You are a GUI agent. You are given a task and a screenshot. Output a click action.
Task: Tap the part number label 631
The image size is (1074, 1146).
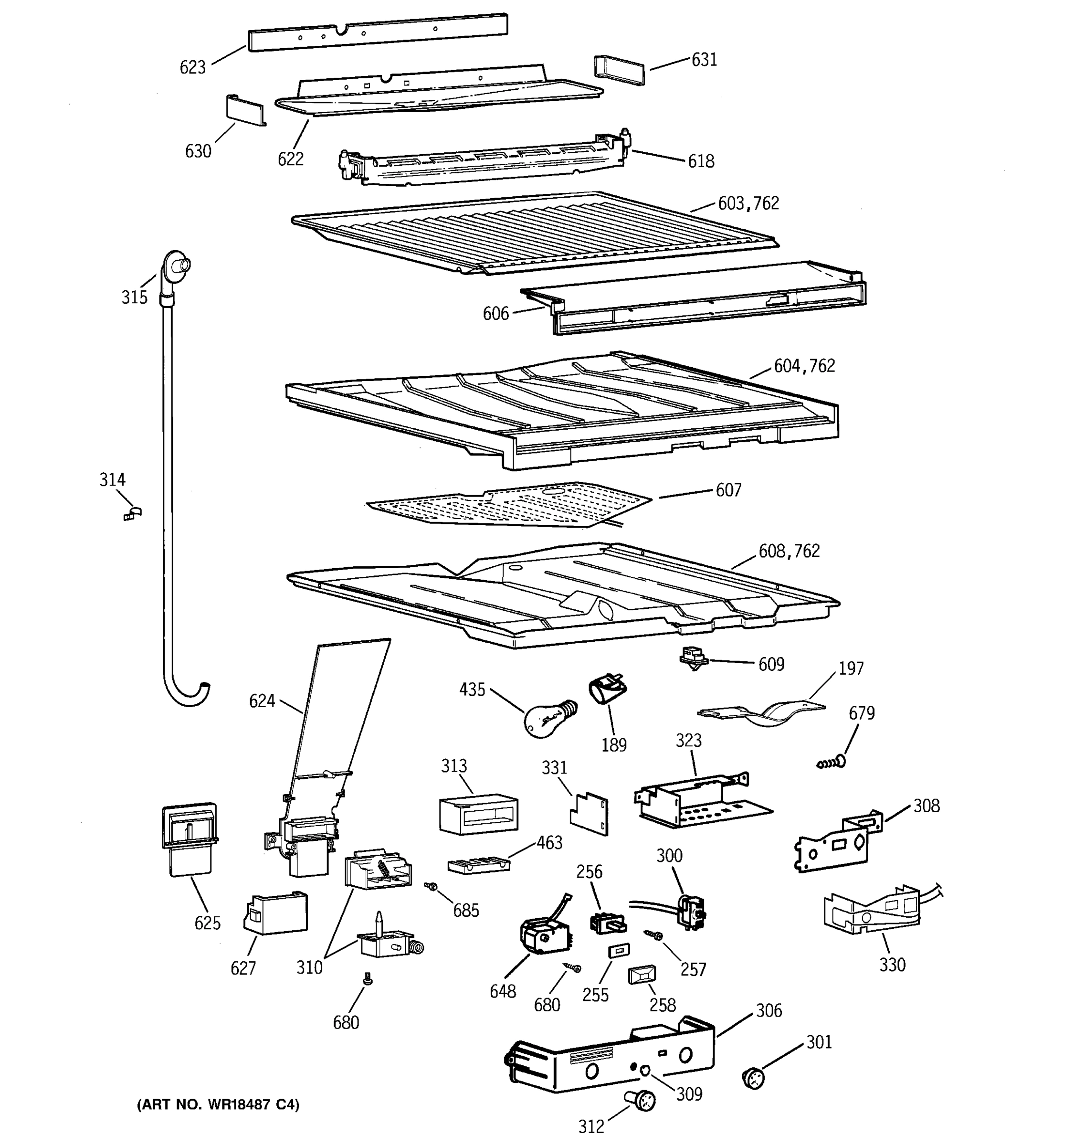[704, 60]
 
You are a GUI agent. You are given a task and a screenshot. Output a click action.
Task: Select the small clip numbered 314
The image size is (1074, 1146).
[133, 513]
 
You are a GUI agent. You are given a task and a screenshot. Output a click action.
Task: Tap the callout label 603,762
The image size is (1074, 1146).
[748, 203]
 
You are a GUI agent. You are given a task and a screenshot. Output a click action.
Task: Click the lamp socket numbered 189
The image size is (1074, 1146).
[607, 690]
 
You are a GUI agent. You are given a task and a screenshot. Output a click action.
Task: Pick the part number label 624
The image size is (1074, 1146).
[262, 701]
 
